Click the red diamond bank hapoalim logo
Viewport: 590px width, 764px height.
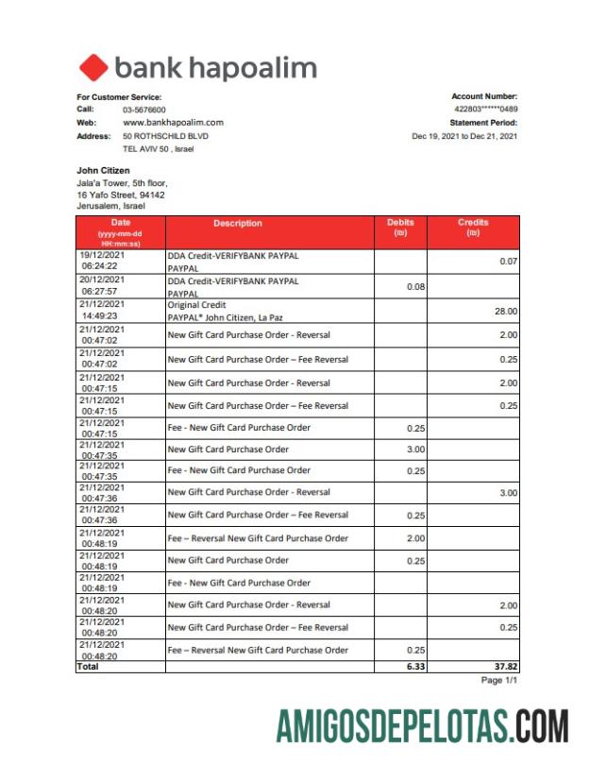click(x=93, y=68)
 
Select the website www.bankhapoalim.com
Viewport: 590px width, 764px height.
click(x=173, y=123)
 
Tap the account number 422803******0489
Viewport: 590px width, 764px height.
click(x=485, y=110)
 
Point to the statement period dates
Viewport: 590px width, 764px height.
click(x=464, y=136)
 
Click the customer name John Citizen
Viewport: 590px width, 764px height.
click(x=103, y=170)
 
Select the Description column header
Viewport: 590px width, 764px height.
click(x=238, y=224)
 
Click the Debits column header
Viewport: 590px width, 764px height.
click(x=400, y=228)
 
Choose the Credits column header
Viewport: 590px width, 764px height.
click(x=473, y=228)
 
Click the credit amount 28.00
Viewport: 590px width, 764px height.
click(x=505, y=311)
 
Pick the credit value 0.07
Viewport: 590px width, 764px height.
click(x=508, y=261)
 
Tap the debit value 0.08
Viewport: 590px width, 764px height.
click(x=414, y=286)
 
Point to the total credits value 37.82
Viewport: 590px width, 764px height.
click(x=504, y=666)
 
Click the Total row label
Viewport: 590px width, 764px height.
click(x=87, y=666)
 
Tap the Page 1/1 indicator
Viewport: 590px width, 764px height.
click(x=499, y=680)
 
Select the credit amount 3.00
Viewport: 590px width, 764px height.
click(x=508, y=492)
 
